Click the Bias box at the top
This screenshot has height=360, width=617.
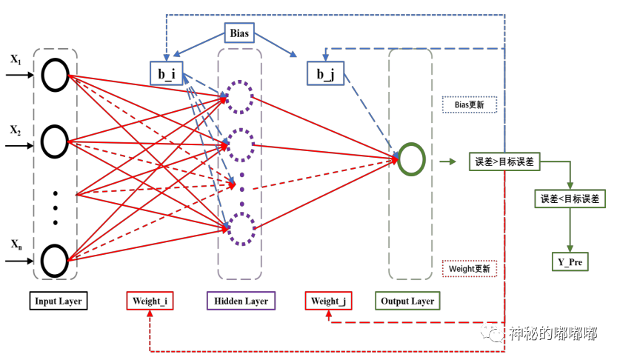(x=240, y=33)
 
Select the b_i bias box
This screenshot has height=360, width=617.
(x=166, y=73)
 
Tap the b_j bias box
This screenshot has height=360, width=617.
(x=325, y=73)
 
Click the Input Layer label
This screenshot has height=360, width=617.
(x=59, y=301)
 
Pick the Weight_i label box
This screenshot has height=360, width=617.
(x=150, y=301)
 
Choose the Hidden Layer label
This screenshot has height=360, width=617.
(x=241, y=301)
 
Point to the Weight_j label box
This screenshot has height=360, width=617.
(x=329, y=301)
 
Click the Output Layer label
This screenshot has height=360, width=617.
(x=407, y=301)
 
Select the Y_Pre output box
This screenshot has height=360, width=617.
(x=570, y=261)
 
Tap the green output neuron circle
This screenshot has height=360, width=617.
(x=410, y=160)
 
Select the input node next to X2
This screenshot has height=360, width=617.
(x=56, y=140)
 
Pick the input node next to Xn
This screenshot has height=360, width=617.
(x=56, y=260)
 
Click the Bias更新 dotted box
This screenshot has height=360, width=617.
(x=469, y=105)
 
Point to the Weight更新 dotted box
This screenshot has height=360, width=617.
(x=469, y=269)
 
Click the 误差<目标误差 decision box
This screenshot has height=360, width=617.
(x=570, y=198)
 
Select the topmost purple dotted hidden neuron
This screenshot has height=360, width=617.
(x=240, y=96)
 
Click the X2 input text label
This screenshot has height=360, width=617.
(x=15, y=130)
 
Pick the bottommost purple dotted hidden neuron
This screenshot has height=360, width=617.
(x=240, y=229)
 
